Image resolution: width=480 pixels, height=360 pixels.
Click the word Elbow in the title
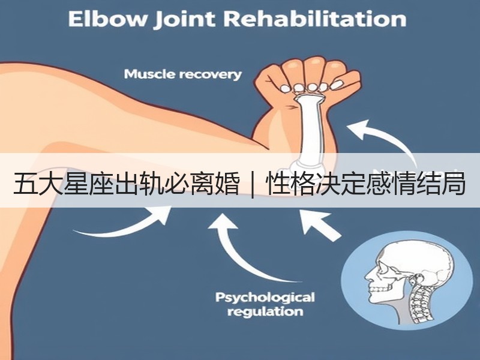click(x=107, y=19)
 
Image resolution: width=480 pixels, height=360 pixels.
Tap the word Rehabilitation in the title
click(x=314, y=19)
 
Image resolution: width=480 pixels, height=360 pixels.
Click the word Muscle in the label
click(x=149, y=74)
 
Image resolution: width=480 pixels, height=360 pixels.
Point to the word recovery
click(x=211, y=75)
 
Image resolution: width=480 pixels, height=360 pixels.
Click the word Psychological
click(x=265, y=298)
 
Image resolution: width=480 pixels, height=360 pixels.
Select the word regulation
click(x=265, y=312)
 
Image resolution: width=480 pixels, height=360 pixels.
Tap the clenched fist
click(x=308, y=79)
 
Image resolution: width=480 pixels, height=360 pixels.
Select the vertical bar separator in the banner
click(x=253, y=185)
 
